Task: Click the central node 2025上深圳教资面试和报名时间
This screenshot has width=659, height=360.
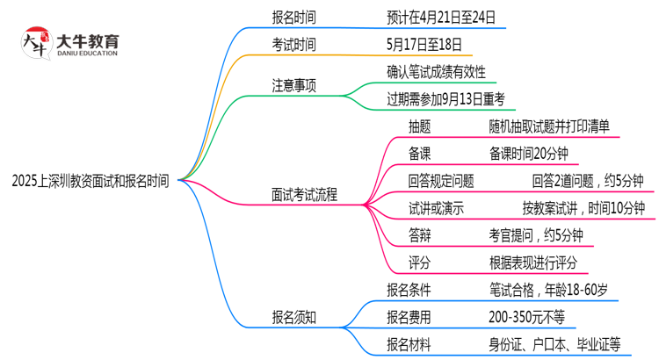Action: pyautogui.click(x=90, y=182)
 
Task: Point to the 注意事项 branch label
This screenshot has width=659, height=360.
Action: pyautogui.click(x=293, y=85)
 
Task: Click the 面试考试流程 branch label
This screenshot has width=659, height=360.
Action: pyautogui.click(x=305, y=195)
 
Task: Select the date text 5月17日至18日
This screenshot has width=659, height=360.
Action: pyautogui.click(x=424, y=44)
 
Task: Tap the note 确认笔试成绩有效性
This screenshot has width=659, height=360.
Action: pyautogui.click(x=436, y=71)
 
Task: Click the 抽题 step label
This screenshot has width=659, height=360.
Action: pyautogui.click(x=419, y=126)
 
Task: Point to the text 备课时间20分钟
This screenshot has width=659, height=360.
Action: pyautogui.click(x=529, y=154)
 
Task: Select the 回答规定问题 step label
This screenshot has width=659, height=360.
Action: pyautogui.click(x=441, y=181)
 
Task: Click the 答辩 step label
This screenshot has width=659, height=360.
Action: pyautogui.click(x=419, y=235)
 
